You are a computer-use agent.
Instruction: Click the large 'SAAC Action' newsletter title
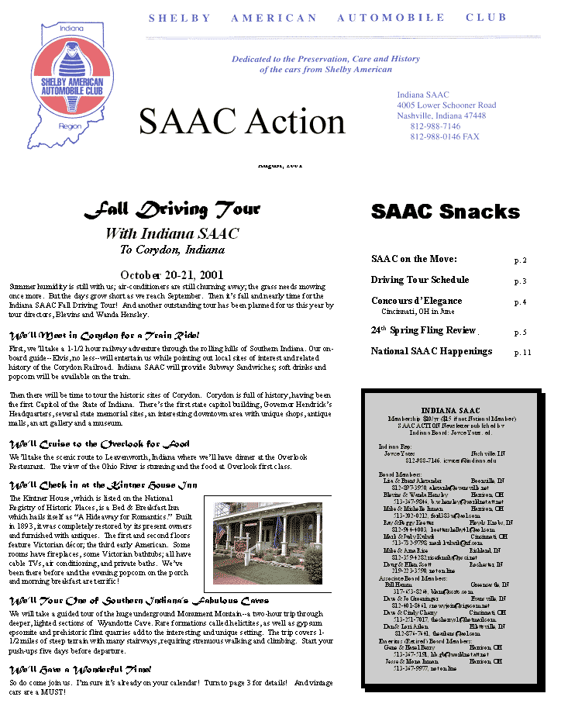coord(242,122)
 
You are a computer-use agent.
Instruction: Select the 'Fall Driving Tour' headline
coord(171,209)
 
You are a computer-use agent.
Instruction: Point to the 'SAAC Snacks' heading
coord(446,212)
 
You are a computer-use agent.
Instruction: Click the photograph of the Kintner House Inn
coord(267,543)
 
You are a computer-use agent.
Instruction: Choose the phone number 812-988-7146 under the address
coord(435,126)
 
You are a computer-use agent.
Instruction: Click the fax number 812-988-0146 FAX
coord(444,136)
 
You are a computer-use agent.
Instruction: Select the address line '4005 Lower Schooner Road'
coord(446,105)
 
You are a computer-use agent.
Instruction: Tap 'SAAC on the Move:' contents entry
coord(414,259)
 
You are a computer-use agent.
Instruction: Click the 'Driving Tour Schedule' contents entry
coord(419,280)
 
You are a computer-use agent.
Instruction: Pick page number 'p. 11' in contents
coord(523,353)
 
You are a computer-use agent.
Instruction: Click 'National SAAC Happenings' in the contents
coord(432,351)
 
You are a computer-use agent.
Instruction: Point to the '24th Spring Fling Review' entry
coord(423,330)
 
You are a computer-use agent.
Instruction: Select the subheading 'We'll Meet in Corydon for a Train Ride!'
coord(104,336)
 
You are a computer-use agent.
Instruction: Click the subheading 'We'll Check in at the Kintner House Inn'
coord(103,485)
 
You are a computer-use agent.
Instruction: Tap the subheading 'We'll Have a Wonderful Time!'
coord(80,669)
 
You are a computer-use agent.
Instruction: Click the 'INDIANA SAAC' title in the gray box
coord(450,410)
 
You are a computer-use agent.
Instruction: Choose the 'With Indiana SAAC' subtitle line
coord(171,233)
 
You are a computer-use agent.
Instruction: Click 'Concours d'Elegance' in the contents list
coord(416,301)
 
